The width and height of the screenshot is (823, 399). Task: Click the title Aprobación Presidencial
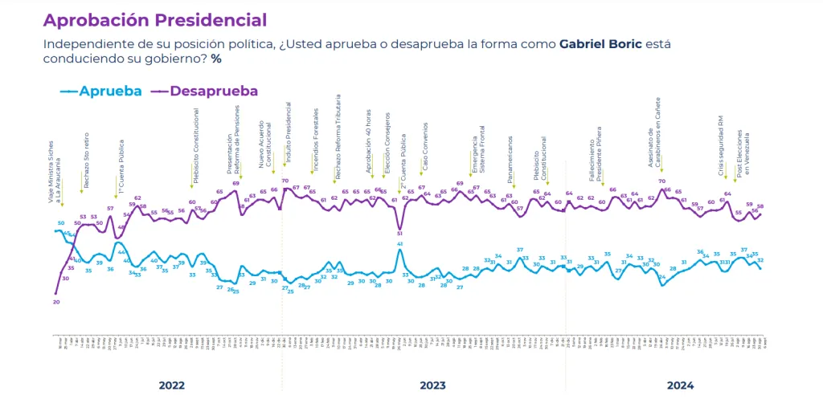tap(154, 19)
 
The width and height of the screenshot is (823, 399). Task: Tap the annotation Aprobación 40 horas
tap(369, 149)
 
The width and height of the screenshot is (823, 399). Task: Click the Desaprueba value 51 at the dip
tap(399, 233)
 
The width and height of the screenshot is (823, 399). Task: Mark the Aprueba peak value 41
tap(399, 243)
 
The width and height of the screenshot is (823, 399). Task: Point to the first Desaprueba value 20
tap(56, 302)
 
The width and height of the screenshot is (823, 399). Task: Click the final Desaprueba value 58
tap(760, 206)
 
